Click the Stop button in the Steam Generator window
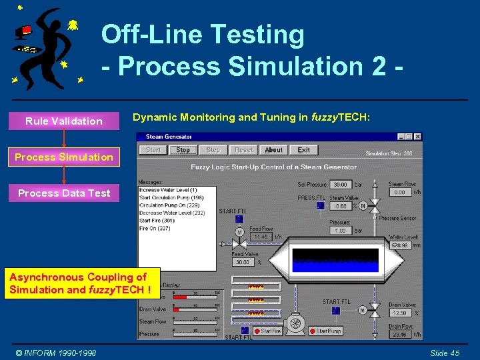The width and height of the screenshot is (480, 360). pyautogui.click(x=183, y=150)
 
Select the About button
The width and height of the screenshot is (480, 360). pyautogui.click(x=273, y=150)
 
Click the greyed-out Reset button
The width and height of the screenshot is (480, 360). pyautogui.click(x=243, y=150)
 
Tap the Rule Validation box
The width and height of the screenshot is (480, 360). pyautogui.click(x=64, y=121)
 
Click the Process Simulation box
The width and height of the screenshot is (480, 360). pyautogui.click(x=64, y=157)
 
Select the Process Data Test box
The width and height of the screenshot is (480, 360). pyautogui.click(x=64, y=193)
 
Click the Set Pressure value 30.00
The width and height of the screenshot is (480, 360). pyautogui.click(x=340, y=185)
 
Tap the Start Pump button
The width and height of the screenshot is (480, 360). pyautogui.click(x=327, y=331)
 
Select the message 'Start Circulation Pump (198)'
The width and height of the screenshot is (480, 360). pyautogui.click(x=171, y=197)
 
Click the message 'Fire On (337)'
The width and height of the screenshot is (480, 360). pyautogui.click(x=155, y=227)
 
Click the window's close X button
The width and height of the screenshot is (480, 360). pyautogui.click(x=417, y=137)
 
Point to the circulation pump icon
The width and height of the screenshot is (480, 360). pyautogui.click(x=295, y=325)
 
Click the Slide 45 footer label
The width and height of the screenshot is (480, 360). pyautogui.click(x=444, y=353)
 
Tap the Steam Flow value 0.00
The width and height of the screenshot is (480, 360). pyautogui.click(x=399, y=192)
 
